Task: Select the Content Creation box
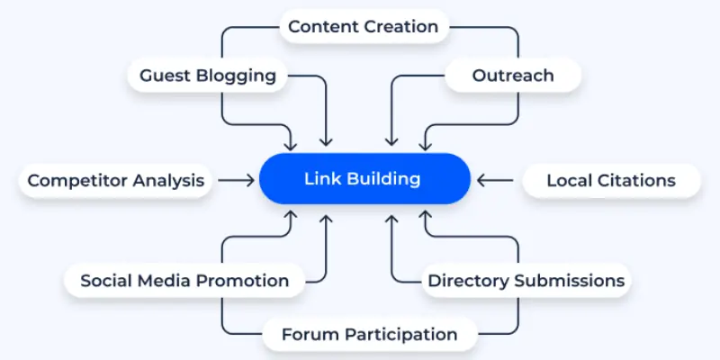pyautogui.click(x=364, y=27)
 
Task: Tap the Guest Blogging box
pyautogui.click(x=208, y=75)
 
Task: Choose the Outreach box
pyautogui.click(x=513, y=75)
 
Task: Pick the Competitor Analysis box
pyautogui.click(x=116, y=180)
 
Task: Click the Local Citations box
pyautogui.click(x=610, y=180)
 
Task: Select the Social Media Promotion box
pyautogui.click(x=184, y=281)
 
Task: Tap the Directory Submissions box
pyautogui.click(x=526, y=281)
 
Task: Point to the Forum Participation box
pyautogui.click(x=369, y=335)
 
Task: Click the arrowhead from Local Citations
pyautogui.click(x=481, y=180)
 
